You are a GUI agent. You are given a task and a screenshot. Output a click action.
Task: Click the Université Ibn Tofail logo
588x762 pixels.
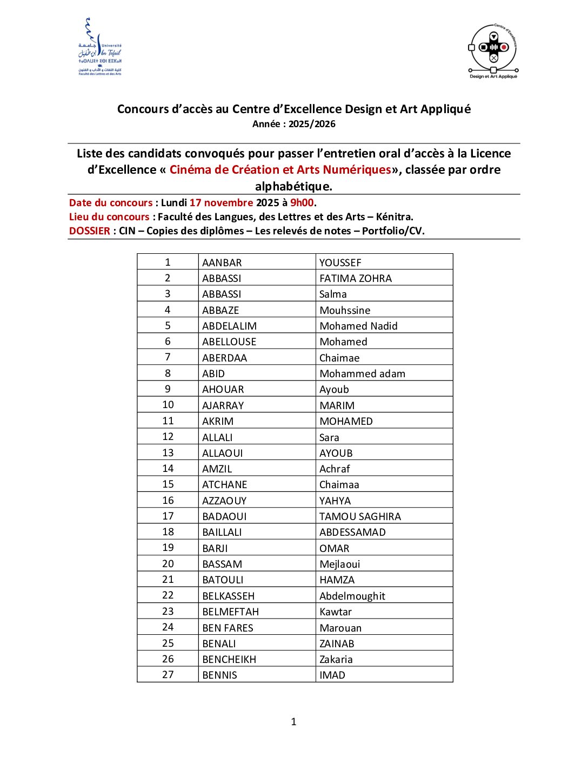click(x=100, y=47)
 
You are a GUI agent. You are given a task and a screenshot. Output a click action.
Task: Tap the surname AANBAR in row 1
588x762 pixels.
click(x=222, y=262)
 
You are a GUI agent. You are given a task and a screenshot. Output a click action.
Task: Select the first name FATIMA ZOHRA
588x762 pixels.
click(x=356, y=278)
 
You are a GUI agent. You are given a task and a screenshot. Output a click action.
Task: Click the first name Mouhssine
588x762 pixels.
click(x=345, y=310)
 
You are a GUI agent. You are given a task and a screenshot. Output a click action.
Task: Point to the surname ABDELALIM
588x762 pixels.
click(x=230, y=326)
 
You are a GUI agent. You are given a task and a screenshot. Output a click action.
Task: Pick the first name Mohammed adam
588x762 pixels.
click(x=362, y=373)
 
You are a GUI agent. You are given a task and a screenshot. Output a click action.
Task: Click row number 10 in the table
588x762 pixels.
click(x=168, y=405)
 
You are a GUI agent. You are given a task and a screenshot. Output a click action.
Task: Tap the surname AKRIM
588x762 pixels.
click(x=218, y=421)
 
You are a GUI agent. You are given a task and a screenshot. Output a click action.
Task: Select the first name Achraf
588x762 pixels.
click(x=335, y=469)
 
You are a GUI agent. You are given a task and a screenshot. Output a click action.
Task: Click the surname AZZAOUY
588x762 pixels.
click(x=224, y=501)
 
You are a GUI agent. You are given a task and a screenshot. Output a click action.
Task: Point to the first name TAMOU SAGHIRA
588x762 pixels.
click(x=360, y=516)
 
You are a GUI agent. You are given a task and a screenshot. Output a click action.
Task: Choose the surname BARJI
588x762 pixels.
click(x=215, y=548)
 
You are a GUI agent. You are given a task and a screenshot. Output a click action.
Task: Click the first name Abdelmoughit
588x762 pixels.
click(x=352, y=596)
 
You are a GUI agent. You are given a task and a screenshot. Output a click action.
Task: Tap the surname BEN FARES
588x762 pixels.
click(x=228, y=628)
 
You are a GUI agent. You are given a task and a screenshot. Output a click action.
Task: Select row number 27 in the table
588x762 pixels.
click(x=168, y=675)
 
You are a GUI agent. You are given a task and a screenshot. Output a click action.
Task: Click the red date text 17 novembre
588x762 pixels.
click(x=221, y=202)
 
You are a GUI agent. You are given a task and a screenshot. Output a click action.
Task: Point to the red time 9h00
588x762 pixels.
click(x=302, y=202)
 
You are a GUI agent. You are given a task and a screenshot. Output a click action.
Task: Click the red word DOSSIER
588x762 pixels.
click(x=90, y=231)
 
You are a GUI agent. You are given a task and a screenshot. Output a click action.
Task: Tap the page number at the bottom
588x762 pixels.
click(x=293, y=721)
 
